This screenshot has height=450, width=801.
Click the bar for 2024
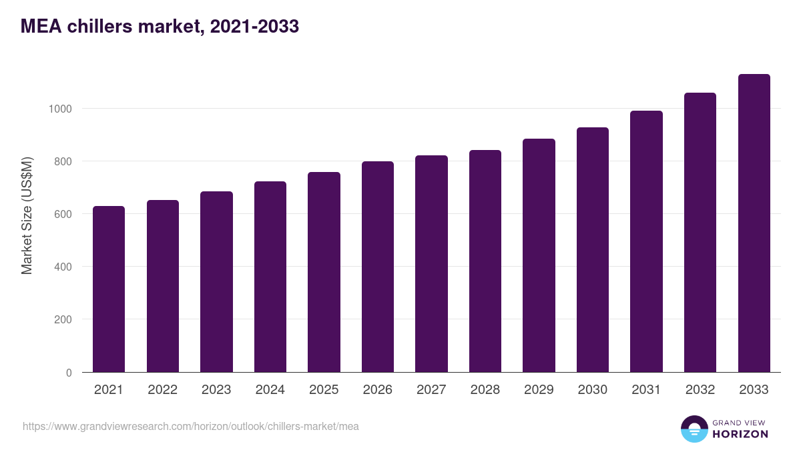click(270, 277)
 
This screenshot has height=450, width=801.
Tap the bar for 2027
click(431, 263)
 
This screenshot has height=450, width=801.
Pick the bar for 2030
click(593, 249)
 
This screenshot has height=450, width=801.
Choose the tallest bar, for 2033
click(754, 223)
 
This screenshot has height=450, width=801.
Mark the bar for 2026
click(378, 267)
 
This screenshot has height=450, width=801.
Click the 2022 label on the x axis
click(163, 390)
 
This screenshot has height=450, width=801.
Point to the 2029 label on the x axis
click(539, 390)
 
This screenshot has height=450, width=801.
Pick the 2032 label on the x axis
click(700, 390)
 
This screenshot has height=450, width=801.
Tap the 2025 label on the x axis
click(324, 390)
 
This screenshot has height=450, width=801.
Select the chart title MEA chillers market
click(160, 27)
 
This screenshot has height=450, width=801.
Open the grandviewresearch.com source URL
click(190, 426)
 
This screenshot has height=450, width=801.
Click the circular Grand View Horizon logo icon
click(694, 429)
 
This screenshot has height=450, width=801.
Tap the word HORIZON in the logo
click(740, 434)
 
